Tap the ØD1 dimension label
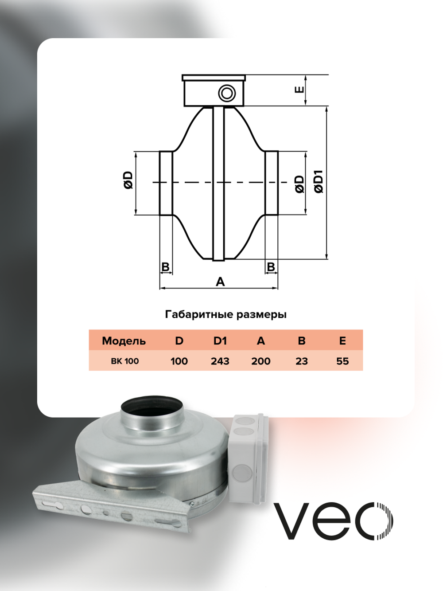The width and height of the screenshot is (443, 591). (x=319, y=181)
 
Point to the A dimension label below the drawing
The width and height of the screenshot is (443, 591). (x=220, y=282)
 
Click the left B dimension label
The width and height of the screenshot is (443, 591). (x=165, y=266)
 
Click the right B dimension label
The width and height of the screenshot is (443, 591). (x=271, y=266)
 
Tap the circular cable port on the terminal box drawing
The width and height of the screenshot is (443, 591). (x=227, y=94)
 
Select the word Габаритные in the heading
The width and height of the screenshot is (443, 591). (x=198, y=315)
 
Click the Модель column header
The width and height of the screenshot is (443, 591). (x=124, y=341)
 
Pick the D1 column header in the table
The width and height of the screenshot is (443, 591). (x=220, y=341)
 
